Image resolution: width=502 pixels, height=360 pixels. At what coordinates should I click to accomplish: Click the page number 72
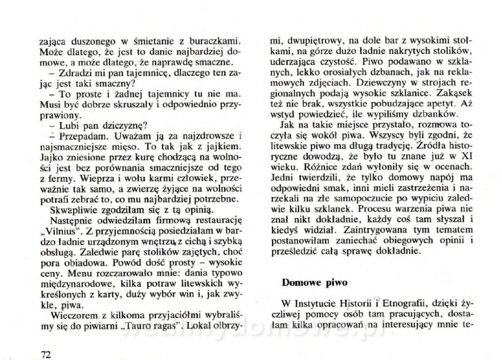(x=46, y=354)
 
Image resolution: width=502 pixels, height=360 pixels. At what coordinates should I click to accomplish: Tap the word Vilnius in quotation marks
(x=64, y=231)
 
